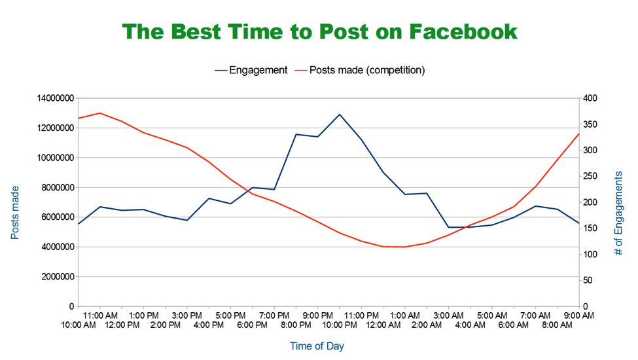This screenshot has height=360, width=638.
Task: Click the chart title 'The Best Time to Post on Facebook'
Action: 319,31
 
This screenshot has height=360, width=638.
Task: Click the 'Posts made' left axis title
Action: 15,212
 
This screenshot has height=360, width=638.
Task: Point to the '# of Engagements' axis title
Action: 618,212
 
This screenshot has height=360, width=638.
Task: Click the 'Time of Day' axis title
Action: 317,346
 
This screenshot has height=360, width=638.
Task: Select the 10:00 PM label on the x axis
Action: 340,325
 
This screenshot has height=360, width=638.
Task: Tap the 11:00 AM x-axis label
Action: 99,315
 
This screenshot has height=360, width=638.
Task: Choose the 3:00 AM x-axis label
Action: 448,315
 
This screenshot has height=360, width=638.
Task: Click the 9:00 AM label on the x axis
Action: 579,315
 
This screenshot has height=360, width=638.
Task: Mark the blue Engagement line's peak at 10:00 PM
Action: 340,115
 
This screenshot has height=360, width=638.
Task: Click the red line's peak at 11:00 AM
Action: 99,113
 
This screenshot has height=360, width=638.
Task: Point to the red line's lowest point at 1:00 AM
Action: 405,247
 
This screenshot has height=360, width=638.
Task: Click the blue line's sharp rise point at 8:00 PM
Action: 296,134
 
